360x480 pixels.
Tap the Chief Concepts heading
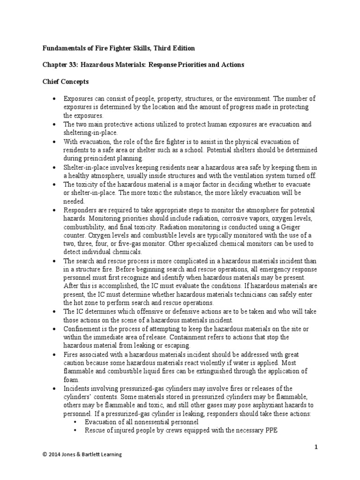point(66,81)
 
